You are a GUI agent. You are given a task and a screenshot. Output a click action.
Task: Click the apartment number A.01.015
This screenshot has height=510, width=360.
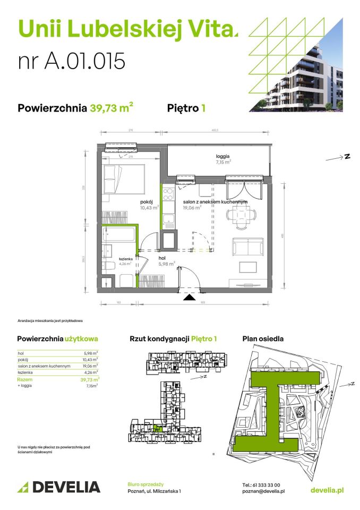(72, 61)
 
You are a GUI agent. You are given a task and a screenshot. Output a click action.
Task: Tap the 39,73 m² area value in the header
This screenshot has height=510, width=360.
(112, 109)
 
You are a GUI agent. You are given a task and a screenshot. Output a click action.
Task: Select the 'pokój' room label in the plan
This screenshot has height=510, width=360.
(147, 202)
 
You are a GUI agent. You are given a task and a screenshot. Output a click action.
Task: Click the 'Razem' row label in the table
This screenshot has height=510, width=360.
(24, 380)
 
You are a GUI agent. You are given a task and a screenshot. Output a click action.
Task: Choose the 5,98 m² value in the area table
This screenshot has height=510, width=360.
(91, 352)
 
